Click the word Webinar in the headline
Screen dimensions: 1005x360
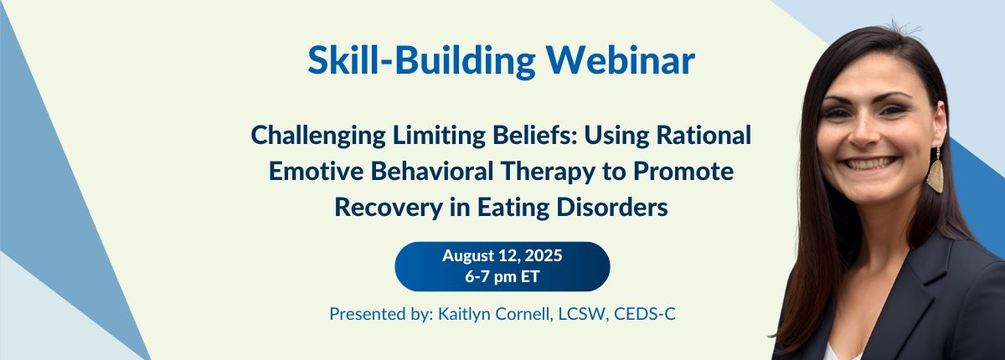[620, 60]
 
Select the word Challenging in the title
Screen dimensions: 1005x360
[318, 136]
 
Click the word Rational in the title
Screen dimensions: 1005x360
[703, 135]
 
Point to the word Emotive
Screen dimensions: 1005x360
[316, 172]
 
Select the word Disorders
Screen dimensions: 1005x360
[612, 207]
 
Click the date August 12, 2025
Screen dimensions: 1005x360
[502, 255]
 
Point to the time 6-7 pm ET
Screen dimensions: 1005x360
[502, 276]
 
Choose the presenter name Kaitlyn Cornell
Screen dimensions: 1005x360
[494, 314]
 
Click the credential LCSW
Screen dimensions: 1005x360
[582, 314]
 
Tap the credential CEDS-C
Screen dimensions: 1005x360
[644, 314]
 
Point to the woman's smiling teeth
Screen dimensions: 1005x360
[869, 163]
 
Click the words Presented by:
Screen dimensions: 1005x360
[381, 314]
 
